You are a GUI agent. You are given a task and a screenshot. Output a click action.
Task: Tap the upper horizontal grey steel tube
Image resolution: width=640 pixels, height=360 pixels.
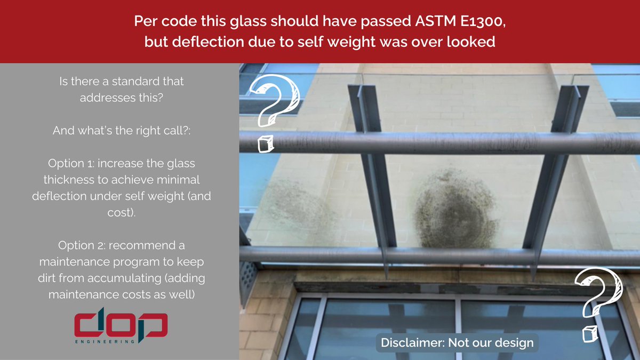pyautogui.click(x=437, y=143)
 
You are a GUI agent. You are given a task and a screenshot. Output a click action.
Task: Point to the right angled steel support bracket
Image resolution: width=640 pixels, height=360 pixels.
pyautogui.click(x=555, y=165)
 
